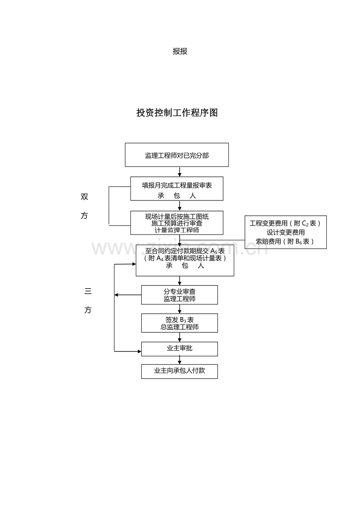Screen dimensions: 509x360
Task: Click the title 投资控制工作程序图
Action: [177, 113]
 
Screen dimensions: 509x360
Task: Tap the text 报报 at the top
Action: [180, 51]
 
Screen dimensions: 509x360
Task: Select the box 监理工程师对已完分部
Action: [177, 155]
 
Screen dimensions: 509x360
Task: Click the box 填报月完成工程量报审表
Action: [177, 189]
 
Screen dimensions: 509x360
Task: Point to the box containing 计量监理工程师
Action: [177, 223]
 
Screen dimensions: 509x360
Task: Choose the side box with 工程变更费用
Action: [285, 232]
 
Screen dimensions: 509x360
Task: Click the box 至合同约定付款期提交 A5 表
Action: [185, 260]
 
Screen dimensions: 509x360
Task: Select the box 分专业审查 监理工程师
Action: [179, 295]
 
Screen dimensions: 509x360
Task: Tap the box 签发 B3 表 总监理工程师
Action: [179, 323]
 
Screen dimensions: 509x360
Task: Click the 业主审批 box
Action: [179, 349]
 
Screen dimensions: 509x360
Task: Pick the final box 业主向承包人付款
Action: [179, 371]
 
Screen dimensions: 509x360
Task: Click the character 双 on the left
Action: [85, 197]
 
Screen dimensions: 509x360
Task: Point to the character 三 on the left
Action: [88, 291]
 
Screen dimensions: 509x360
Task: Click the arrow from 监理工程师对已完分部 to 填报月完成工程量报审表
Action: [180, 172]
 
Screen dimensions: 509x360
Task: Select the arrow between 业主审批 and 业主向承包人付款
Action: [180, 360]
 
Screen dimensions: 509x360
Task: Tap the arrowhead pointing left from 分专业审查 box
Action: [117, 295]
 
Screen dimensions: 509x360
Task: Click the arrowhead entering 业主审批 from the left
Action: [139, 351]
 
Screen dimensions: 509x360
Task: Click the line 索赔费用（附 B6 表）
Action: [285, 242]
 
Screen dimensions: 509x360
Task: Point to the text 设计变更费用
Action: [286, 232]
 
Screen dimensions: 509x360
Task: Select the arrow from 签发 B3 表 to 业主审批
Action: [180, 337]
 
